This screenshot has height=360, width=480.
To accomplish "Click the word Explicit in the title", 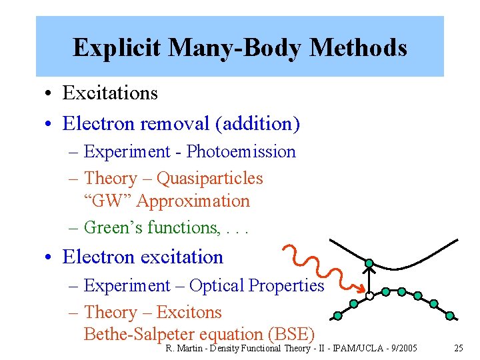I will [117, 47].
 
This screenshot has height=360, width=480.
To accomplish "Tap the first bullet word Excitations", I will [110, 93].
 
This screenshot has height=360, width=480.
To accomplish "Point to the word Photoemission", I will [241, 151].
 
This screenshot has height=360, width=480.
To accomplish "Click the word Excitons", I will [190, 312].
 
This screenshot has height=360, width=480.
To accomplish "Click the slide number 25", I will [458, 348].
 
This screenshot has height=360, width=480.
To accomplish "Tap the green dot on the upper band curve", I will [369, 263].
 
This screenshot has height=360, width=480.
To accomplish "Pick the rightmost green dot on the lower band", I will [449, 315].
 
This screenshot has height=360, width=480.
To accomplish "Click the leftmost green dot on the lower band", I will [338, 315].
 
